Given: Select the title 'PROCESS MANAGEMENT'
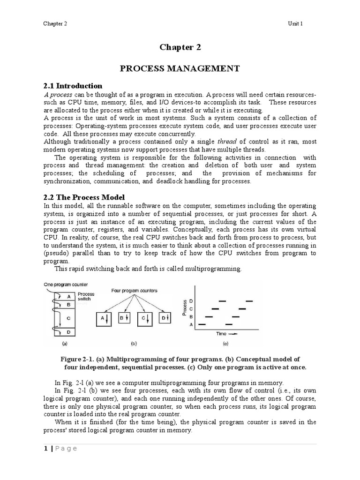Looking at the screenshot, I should (x=180, y=68).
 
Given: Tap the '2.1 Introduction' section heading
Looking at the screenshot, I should (x=73, y=86).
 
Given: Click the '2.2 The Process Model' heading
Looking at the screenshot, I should (x=84, y=197).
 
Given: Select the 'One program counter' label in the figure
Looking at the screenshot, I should (x=66, y=285).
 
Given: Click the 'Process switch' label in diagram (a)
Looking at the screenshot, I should (x=86, y=296).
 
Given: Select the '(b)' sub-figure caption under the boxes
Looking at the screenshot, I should (x=134, y=344).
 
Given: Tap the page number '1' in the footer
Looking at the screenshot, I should (x=45, y=449).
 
